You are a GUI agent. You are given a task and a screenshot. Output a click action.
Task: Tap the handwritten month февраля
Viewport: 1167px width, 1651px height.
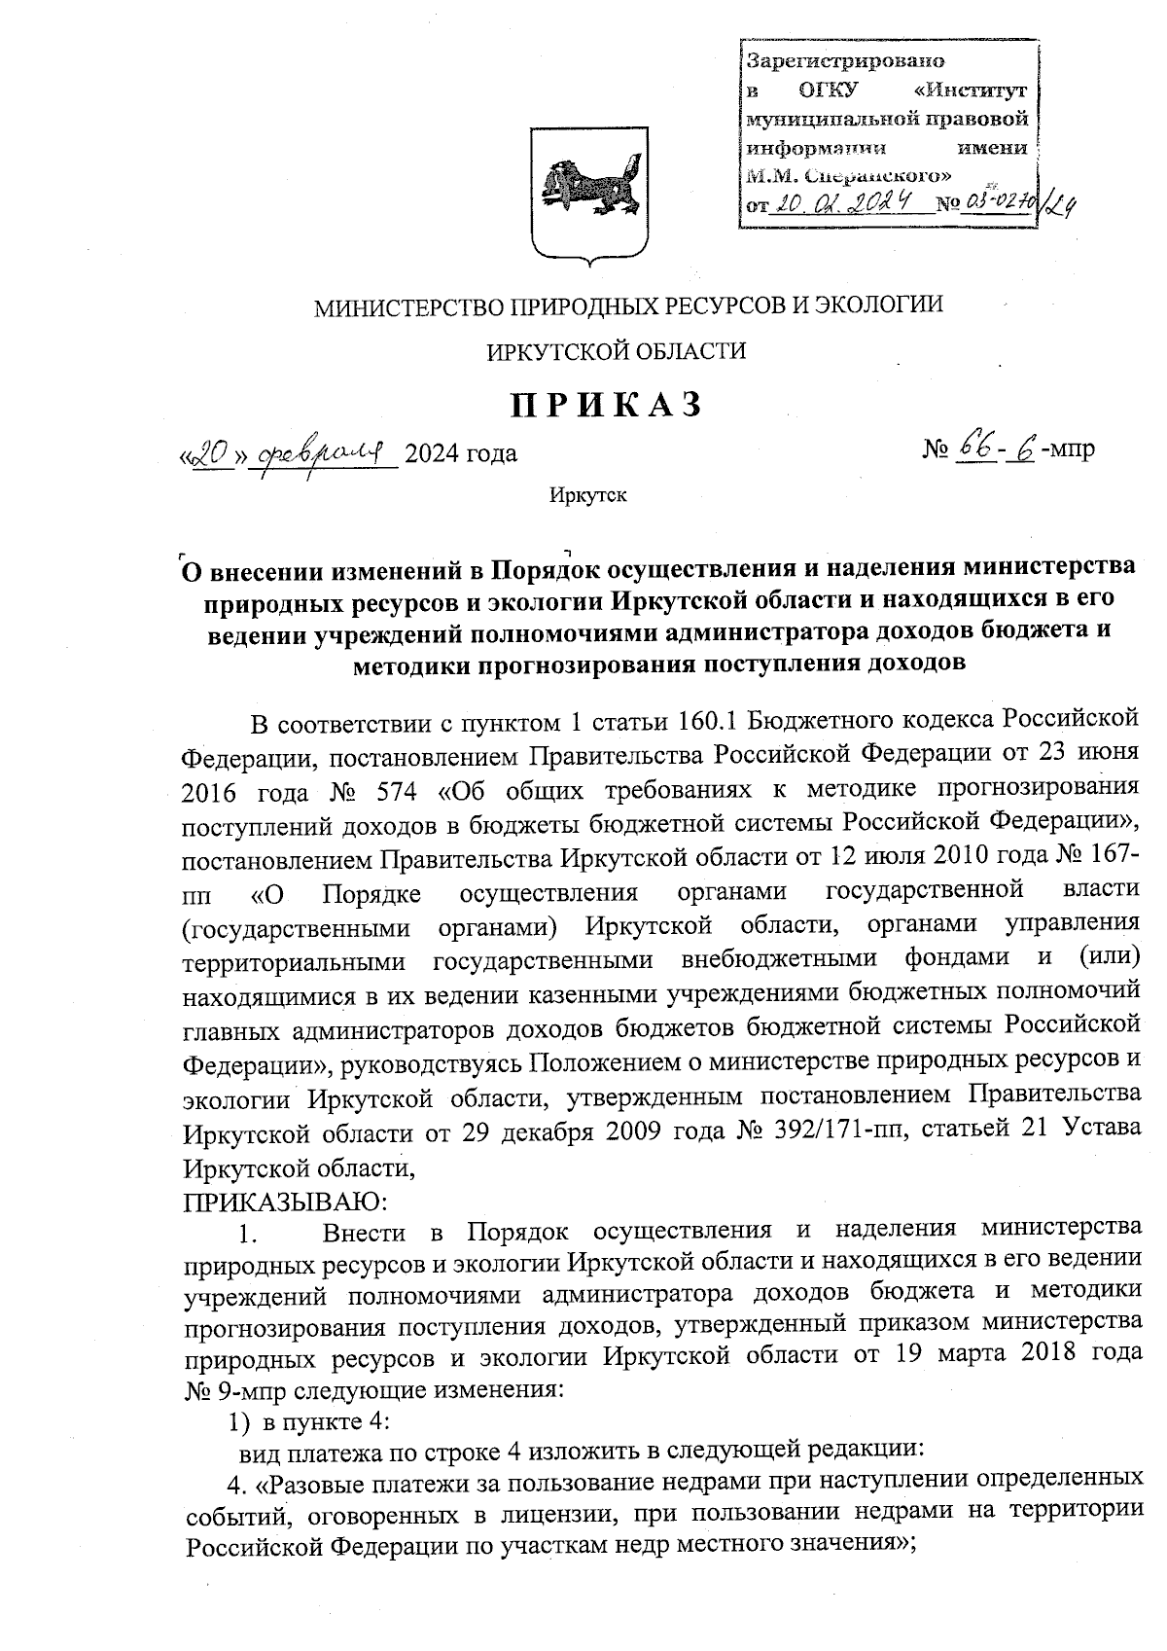click(326, 451)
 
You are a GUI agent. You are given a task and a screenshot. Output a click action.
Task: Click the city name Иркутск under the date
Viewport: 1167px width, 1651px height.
click(587, 496)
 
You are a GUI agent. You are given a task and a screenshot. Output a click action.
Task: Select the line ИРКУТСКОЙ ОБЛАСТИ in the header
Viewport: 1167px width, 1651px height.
click(617, 352)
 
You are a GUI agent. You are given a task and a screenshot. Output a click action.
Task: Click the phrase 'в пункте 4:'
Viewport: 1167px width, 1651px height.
click(320, 1422)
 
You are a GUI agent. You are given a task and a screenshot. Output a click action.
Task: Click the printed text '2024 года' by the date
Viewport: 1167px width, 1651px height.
click(460, 453)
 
